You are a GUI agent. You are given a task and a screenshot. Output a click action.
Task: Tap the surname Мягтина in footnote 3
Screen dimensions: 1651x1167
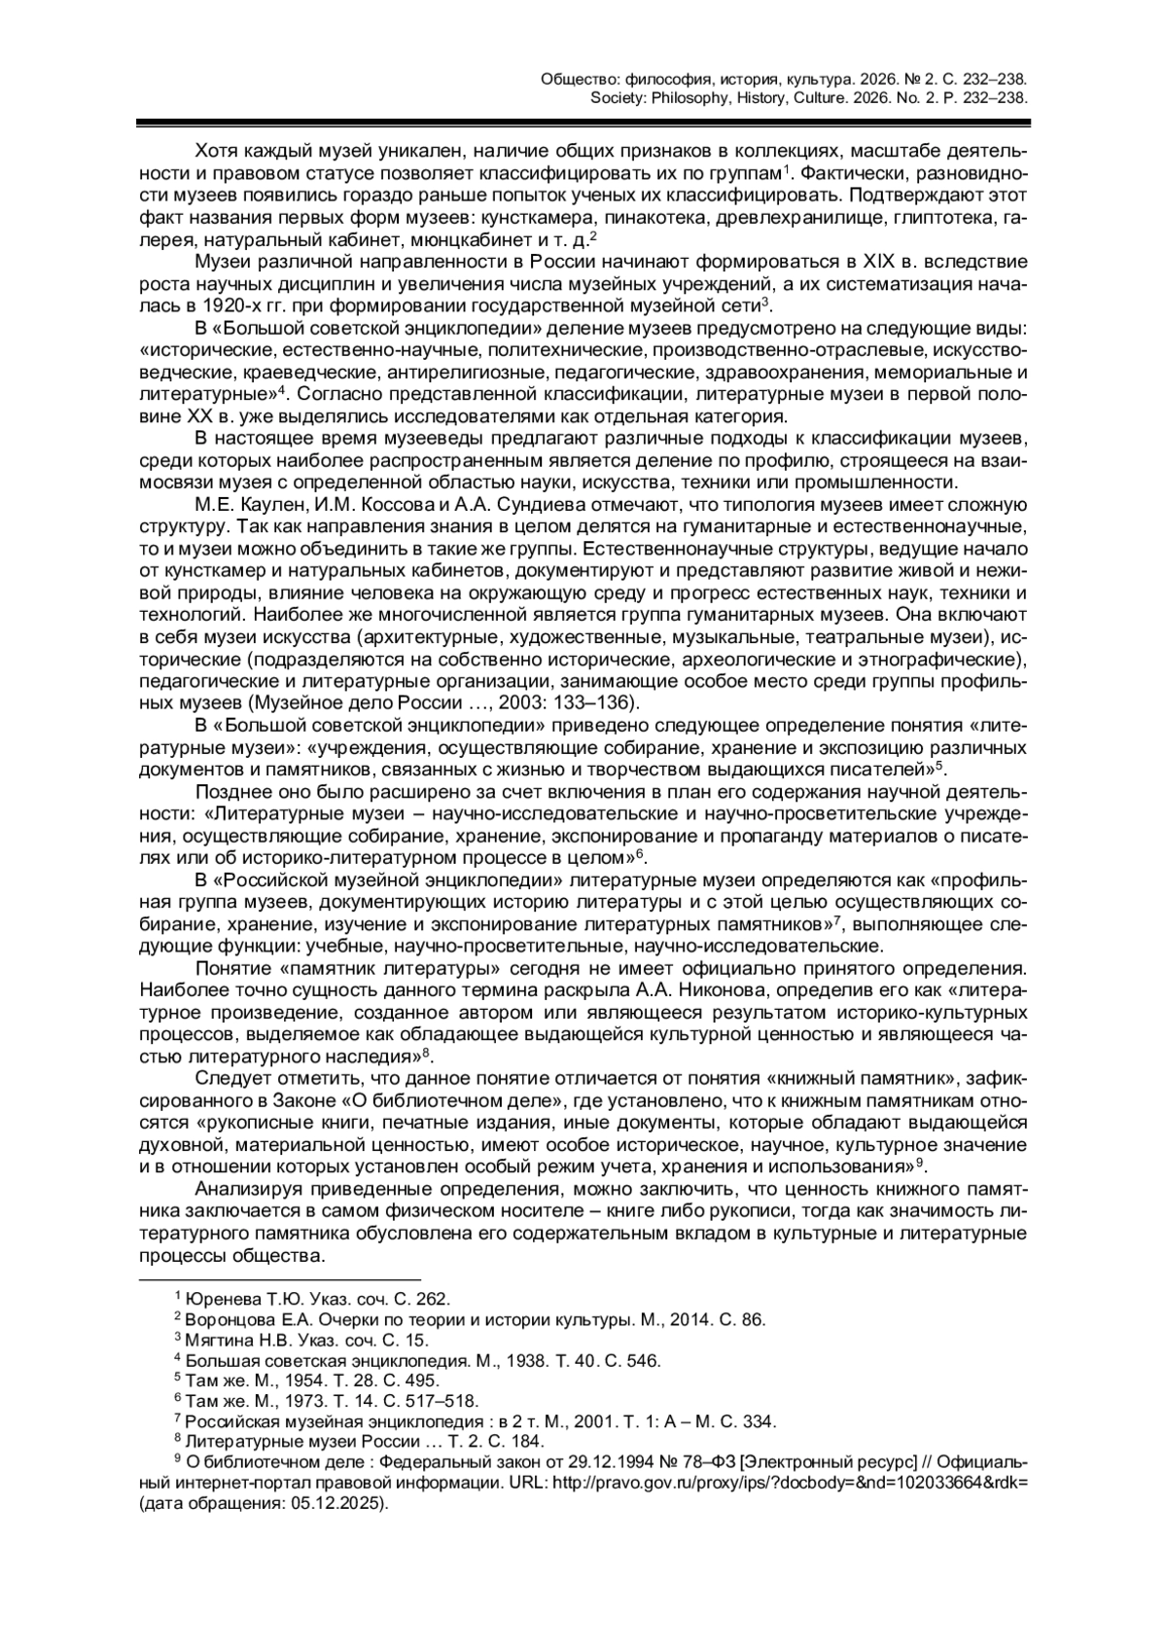coord(220,1340)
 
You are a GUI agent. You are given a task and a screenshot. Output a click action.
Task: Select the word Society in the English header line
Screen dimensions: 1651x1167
coord(614,97)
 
